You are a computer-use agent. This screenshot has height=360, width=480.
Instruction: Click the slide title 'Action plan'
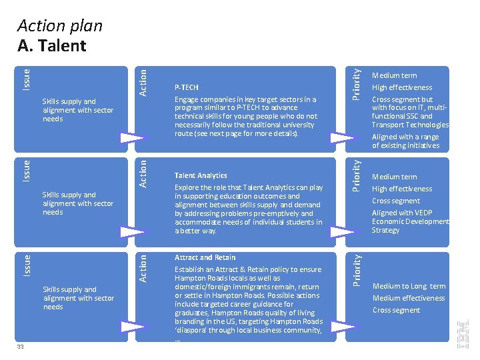click(60, 26)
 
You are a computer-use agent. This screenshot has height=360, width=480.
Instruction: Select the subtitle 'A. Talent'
click(52, 46)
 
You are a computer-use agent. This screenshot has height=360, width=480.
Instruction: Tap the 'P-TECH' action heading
click(186, 87)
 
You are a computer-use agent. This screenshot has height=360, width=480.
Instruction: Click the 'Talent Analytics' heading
click(201, 175)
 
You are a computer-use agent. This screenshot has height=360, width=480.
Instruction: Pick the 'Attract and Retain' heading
click(205, 257)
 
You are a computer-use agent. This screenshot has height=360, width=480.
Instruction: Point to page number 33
click(21, 346)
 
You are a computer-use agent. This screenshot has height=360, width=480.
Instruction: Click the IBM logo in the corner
click(464, 333)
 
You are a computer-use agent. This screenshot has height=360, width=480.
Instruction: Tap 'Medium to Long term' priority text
click(409, 286)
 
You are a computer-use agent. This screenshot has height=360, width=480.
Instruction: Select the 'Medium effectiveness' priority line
click(408, 298)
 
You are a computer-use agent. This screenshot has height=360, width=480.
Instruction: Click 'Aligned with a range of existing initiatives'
click(405, 141)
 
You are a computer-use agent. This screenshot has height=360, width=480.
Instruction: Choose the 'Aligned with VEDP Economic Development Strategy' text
click(409, 221)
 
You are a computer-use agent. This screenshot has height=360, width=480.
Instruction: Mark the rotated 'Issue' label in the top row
click(27, 79)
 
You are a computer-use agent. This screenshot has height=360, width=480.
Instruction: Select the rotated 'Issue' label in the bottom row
click(27, 265)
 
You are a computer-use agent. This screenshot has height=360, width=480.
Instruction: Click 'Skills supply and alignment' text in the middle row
click(77, 203)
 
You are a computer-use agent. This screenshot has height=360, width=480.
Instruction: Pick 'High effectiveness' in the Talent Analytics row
click(402, 189)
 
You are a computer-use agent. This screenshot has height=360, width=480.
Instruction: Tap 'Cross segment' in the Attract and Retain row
click(396, 310)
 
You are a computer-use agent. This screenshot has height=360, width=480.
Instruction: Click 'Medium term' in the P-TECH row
click(394, 75)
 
